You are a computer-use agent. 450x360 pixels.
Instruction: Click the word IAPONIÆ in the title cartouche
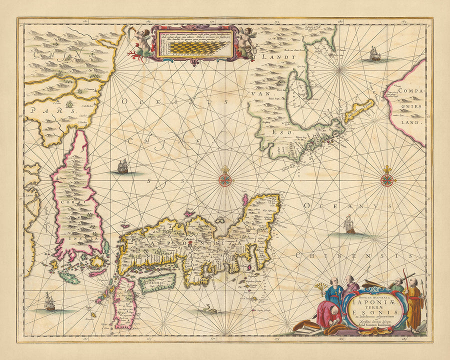click(368, 301)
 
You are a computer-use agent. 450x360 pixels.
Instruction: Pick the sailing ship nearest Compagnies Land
click(375, 53)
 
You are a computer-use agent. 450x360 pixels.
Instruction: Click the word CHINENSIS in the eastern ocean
click(350, 256)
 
